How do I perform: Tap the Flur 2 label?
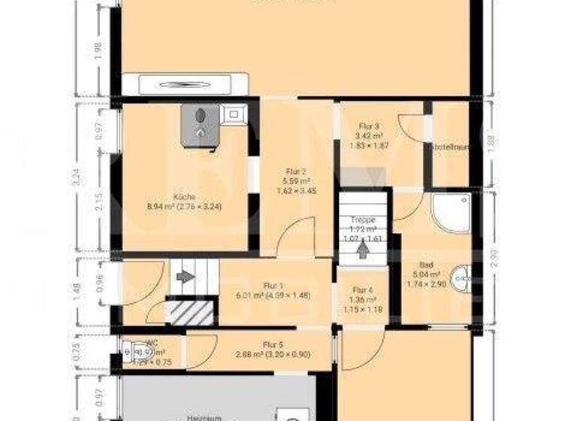pyautogui.click(x=295, y=171)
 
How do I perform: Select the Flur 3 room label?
pyautogui.click(x=369, y=127)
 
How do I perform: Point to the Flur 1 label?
pyautogui.click(x=273, y=285)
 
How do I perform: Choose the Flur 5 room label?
pyautogui.click(x=272, y=345)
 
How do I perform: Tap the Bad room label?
pyautogui.click(x=426, y=265)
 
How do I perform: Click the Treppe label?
pyautogui.click(x=363, y=220)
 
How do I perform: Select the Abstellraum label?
pyautogui.click(x=450, y=147)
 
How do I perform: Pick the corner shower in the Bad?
pyautogui.click(x=452, y=212)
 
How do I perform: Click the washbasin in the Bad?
pyautogui.click(x=463, y=277)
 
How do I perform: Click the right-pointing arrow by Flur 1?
pyautogui.click(x=184, y=276)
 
